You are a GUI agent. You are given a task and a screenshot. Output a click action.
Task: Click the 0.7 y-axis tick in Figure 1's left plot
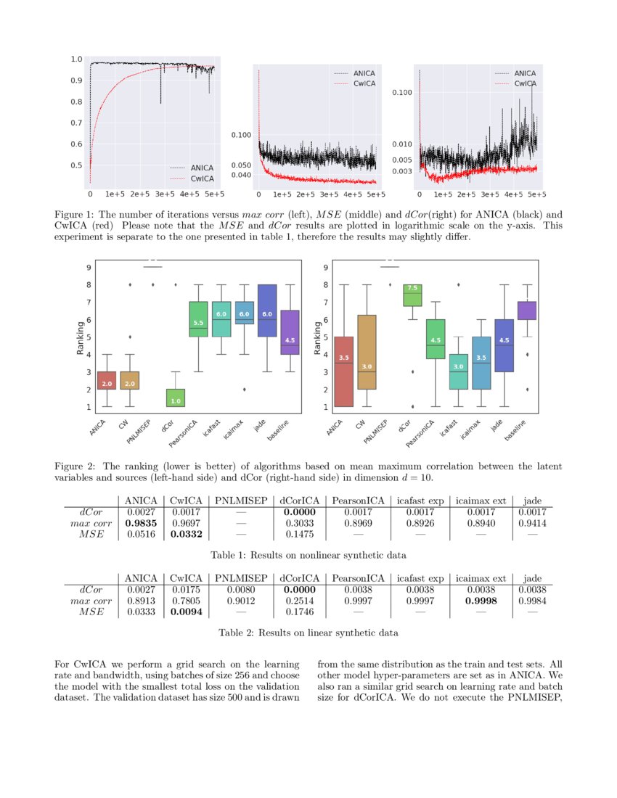(76, 123)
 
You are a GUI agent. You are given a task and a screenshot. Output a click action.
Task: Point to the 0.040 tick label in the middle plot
(241, 175)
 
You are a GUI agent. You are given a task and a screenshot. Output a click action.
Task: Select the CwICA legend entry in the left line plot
(192, 178)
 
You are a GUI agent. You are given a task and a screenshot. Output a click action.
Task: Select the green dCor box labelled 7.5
(412, 294)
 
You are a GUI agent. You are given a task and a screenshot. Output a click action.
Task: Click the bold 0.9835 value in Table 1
(141, 522)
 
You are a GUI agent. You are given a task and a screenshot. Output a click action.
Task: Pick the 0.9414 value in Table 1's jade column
(532, 522)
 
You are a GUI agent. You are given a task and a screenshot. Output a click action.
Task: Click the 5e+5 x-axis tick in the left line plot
(214, 194)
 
